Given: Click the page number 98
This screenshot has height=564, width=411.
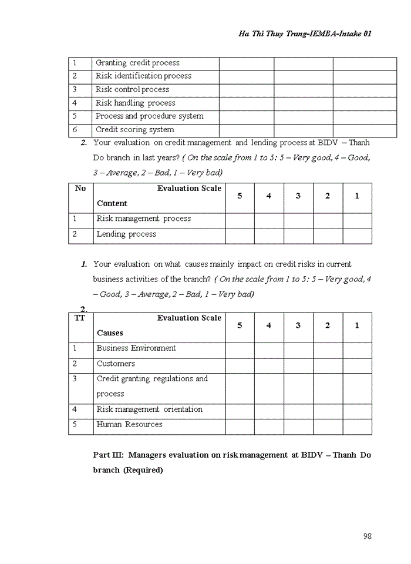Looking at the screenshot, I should (368, 536).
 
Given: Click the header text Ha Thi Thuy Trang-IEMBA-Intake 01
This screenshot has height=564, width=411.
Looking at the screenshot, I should (305, 34).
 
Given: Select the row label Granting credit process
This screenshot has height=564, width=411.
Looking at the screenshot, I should (137, 63).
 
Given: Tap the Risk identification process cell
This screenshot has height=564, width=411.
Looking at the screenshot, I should (143, 76).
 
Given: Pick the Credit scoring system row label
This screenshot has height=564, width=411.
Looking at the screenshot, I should (134, 130).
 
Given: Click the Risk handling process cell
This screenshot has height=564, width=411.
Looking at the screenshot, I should (135, 103).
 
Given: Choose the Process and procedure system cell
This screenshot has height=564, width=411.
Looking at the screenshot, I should (149, 116).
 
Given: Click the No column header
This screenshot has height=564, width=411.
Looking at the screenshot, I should (80, 189).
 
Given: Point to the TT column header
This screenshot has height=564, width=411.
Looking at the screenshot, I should (80, 318).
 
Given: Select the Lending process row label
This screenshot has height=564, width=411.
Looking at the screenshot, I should (126, 234).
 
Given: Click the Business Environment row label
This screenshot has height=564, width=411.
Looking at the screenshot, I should (136, 348).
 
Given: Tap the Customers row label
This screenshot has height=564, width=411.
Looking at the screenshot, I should (116, 364).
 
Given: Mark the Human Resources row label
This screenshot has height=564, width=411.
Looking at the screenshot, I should (129, 424).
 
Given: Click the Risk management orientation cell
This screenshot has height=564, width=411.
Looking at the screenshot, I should (149, 409).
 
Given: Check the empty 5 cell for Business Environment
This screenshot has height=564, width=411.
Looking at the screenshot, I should (240, 350).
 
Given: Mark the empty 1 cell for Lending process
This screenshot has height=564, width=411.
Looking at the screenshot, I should (357, 236).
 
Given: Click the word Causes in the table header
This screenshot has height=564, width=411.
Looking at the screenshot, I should (110, 333).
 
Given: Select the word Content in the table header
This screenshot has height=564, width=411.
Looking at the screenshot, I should (112, 203).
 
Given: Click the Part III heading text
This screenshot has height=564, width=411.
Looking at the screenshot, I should (232, 455).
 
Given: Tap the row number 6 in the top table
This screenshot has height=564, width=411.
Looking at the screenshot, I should (75, 130).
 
